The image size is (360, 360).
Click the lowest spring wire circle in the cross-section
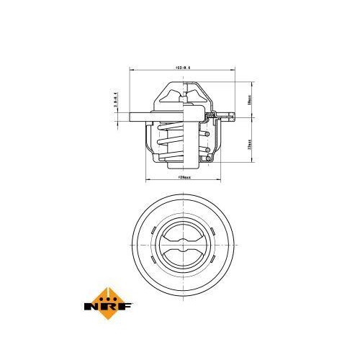207,159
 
